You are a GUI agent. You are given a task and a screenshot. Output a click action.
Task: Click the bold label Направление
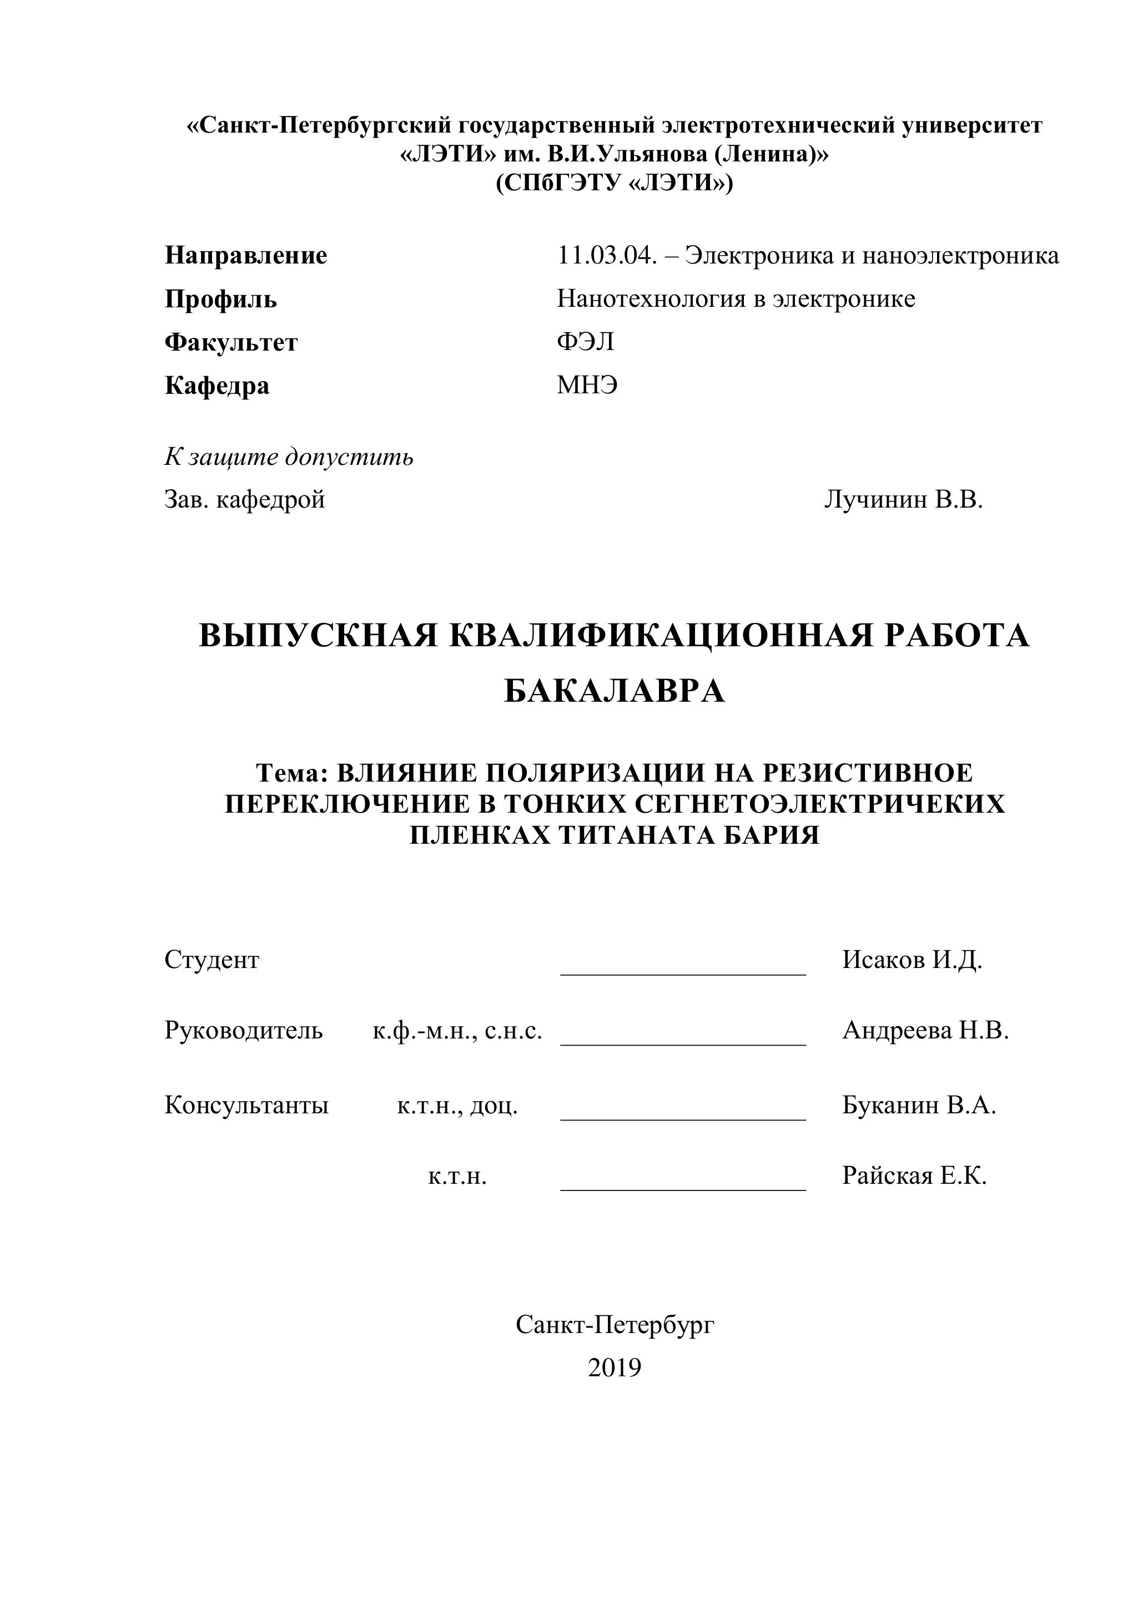245,255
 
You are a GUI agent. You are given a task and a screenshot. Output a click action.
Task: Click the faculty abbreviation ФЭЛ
585,342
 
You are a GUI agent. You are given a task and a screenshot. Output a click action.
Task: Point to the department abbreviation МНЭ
587,386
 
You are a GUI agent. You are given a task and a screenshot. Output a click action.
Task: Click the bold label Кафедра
216,386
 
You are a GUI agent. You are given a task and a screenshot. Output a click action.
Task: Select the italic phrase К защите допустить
289,457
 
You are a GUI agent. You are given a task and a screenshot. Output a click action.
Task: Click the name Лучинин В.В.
903,500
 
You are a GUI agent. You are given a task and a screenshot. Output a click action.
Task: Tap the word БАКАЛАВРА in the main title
615,691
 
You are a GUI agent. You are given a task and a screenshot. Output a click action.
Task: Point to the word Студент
212,960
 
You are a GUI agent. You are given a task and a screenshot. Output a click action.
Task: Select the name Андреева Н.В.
925,1031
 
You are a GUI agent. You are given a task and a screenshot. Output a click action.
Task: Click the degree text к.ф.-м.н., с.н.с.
457,1031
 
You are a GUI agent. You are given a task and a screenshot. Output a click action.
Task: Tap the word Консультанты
246,1105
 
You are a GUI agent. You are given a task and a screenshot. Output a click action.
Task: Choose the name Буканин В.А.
918,1105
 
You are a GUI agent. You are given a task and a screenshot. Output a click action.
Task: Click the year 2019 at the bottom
615,1368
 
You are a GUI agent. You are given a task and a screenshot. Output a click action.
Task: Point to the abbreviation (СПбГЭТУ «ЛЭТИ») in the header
615,184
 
